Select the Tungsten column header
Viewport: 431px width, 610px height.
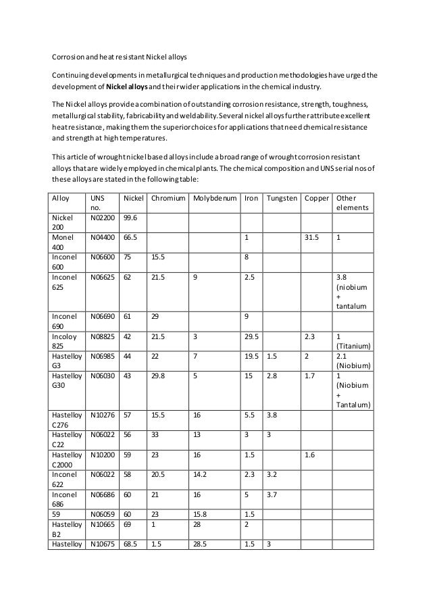(x=281, y=199)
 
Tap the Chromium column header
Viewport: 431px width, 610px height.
(x=168, y=199)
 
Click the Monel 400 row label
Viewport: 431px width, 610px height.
(x=63, y=243)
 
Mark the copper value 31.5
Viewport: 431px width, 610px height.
(x=311, y=238)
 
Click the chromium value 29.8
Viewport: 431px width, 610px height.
(x=159, y=372)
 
